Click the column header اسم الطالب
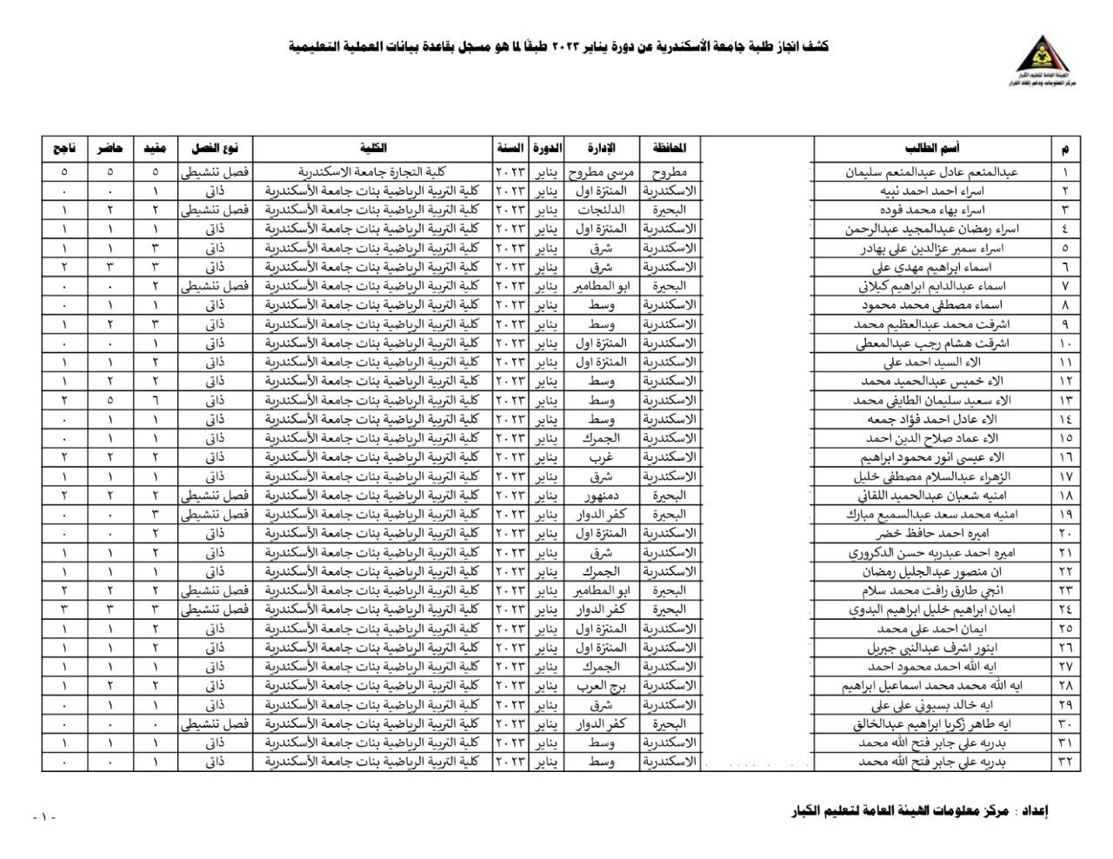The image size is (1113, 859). [x=932, y=149]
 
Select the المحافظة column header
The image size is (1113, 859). [x=670, y=149]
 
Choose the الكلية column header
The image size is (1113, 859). [x=374, y=149]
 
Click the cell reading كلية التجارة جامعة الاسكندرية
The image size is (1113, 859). [x=374, y=172]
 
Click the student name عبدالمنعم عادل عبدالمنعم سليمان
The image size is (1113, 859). [x=944, y=172]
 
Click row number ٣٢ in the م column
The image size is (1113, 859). [x=1066, y=762]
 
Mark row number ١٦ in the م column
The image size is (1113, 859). [x=1066, y=456]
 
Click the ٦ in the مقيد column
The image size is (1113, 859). [x=155, y=400]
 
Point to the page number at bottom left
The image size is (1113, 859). [x=43, y=818]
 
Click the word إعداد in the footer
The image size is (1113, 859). [x=1032, y=812]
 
